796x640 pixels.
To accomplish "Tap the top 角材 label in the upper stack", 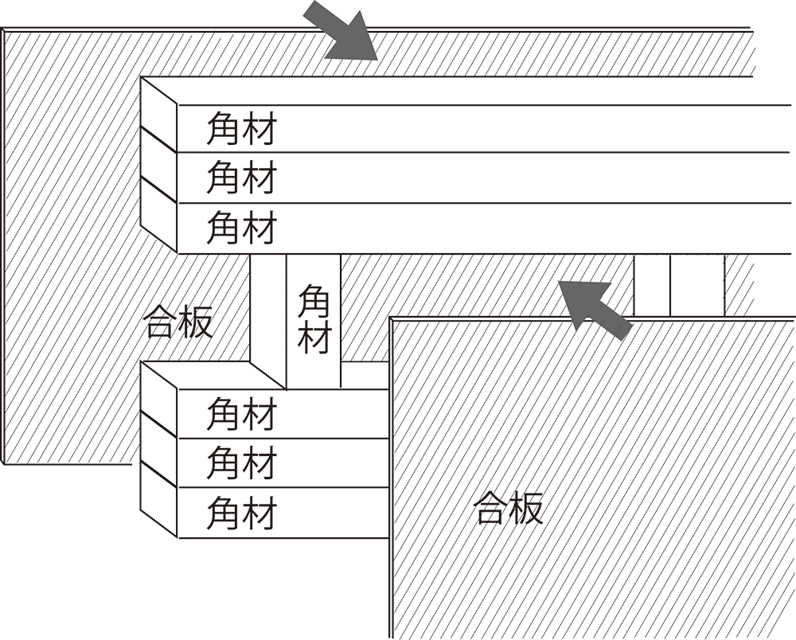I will (x=241, y=128).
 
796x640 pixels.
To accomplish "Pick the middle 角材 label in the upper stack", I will (x=241, y=178).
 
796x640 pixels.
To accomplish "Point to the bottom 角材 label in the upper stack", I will (x=241, y=228).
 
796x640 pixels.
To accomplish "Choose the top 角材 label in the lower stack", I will (x=241, y=415).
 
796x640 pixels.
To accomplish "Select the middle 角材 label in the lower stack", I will (x=241, y=463).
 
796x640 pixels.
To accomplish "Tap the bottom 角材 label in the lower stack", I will (x=241, y=513).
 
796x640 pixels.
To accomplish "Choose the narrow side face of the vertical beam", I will (x=267, y=310).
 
